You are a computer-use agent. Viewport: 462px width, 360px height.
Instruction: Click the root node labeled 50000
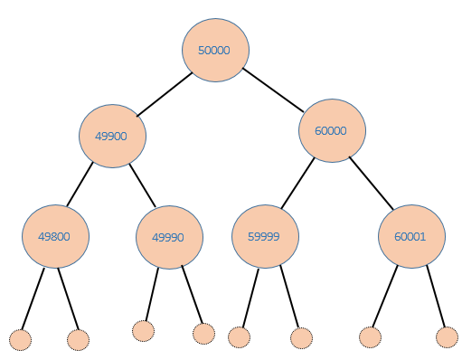tap(215, 51)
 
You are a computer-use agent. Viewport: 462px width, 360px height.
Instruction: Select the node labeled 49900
tap(112, 137)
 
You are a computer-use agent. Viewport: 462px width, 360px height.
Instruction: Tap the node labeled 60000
tap(332, 130)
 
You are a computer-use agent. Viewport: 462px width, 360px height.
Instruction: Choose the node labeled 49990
tap(168, 238)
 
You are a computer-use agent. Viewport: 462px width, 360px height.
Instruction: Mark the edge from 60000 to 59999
tap(297, 184)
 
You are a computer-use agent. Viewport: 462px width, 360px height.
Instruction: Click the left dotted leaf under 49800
tap(21, 340)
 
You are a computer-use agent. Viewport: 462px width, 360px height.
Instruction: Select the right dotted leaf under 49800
tap(79, 340)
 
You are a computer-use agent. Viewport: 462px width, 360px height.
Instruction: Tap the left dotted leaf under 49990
tap(143, 330)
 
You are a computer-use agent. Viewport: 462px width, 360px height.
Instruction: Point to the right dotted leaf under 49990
tap(204, 333)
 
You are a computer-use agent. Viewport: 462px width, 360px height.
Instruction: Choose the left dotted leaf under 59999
tap(239, 337)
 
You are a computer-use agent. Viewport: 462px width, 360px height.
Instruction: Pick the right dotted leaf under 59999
tap(301, 338)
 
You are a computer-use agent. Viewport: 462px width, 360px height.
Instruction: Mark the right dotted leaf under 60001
tap(448, 337)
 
